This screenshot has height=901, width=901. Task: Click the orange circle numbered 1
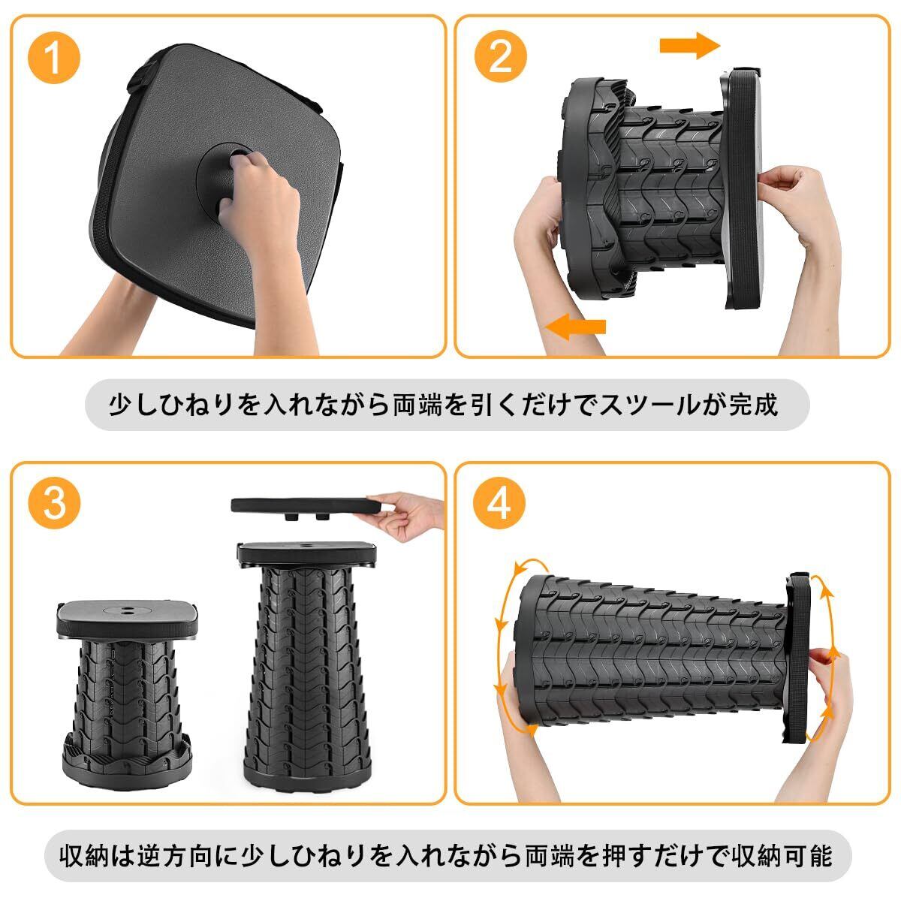click(54, 59)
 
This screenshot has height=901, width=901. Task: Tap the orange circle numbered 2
click(501, 59)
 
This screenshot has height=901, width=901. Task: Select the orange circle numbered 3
click(54, 505)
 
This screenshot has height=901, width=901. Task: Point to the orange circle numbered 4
click(499, 505)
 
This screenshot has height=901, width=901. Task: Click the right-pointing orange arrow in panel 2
click(690, 46)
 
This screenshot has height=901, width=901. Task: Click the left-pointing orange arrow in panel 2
click(576, 327)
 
